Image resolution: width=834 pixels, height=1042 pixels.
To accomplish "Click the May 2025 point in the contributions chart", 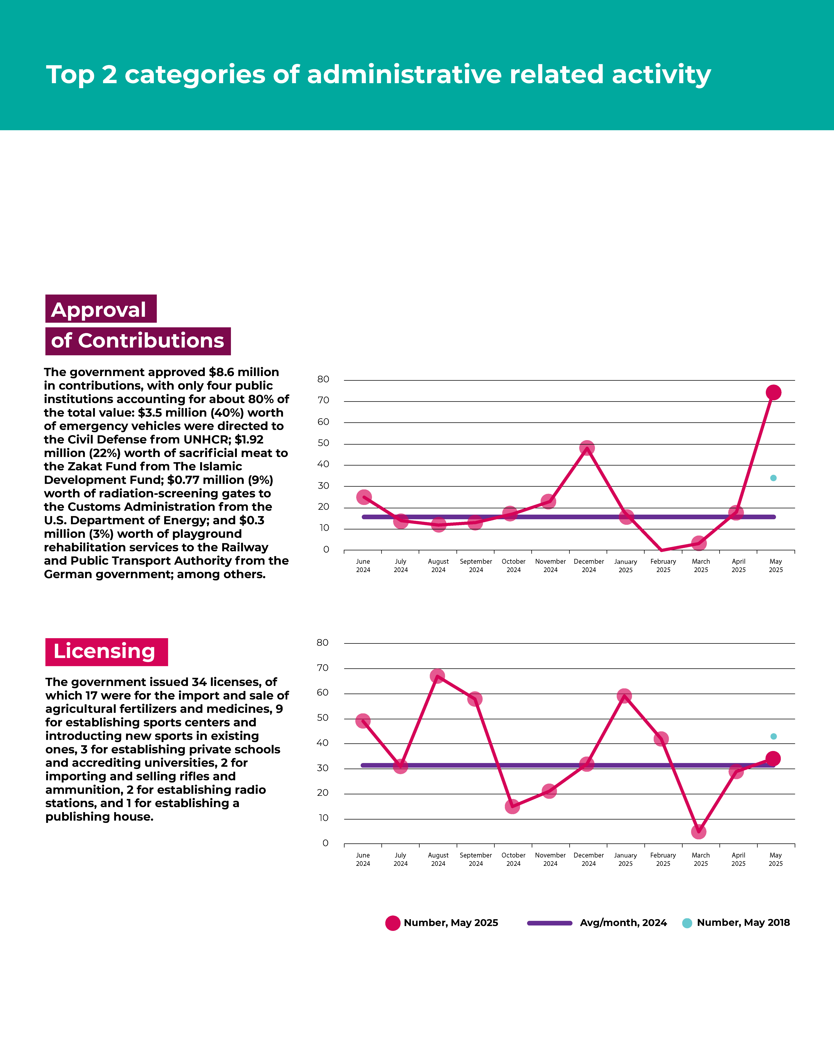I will point(773,393).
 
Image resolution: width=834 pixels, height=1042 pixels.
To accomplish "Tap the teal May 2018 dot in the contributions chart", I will point(773,478).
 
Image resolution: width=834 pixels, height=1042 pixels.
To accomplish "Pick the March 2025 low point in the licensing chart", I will point(698,832).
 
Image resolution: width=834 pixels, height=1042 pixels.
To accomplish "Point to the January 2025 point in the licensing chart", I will point(624,696).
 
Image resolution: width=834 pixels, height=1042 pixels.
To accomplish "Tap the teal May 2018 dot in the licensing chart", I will point(773,737).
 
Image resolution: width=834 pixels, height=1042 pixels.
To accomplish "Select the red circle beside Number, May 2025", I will point(393,923).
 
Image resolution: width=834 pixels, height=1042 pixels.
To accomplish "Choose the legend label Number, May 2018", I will point(743,923).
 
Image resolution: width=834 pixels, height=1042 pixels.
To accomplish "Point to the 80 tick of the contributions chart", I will point(323,379).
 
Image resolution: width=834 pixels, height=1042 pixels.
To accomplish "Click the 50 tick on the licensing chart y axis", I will point(322,718).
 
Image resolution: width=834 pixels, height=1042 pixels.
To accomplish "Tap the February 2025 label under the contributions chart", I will point(663,566).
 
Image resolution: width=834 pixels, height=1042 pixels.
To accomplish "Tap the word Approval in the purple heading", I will point(99,310).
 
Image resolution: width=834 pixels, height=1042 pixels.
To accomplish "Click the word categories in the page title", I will point(195,75).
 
